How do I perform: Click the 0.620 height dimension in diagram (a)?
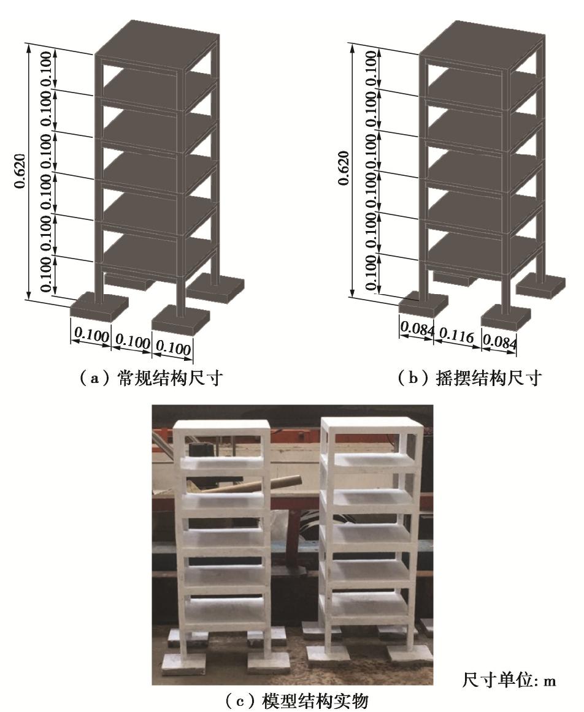click(21, 171)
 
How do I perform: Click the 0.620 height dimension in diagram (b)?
click(344, 168)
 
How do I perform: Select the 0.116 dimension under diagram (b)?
click(457, 336)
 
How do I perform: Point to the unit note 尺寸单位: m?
click(509, 680)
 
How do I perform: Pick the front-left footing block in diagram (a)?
click(99, 306)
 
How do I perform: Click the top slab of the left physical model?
click(223, 425)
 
